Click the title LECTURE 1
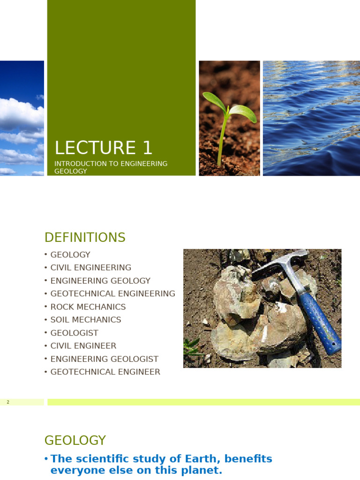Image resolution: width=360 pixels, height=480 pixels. [x=104, y=148]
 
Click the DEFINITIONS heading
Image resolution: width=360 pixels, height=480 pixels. [x=85, y=238]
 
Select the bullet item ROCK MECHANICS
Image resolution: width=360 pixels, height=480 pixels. [x=88, y=307]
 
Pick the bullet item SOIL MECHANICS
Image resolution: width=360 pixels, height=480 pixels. [x=86, y=320]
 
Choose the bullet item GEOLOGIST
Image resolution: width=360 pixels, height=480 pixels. [x=75, y=333]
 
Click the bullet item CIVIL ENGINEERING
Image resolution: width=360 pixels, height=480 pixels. [x=91, y=268]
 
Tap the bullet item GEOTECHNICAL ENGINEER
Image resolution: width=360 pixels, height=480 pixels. [x=105, y=372]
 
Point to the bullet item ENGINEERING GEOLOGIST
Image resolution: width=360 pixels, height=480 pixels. [x=105, y=359]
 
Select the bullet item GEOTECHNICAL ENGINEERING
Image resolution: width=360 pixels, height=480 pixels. [x=112, y=294]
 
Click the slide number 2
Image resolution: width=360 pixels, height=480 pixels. [x=8, y=402]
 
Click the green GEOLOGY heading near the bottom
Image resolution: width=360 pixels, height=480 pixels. [x=75, y=441]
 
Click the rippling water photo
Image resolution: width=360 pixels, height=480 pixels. [x=311, y=118]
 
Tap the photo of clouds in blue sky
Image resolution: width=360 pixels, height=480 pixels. [x=22, y=118]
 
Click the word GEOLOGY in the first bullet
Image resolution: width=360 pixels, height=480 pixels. [x=70, y=255]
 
